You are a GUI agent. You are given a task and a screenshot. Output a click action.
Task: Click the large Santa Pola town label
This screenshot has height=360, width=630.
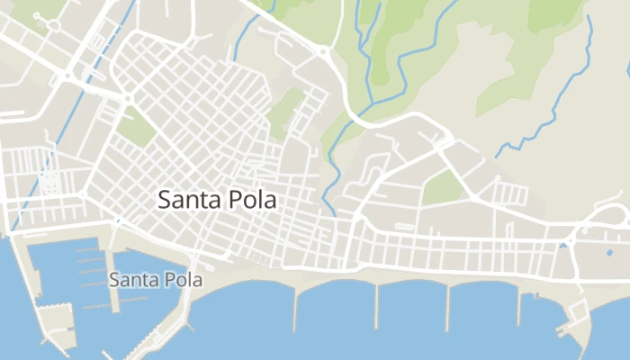[x=217, y=200]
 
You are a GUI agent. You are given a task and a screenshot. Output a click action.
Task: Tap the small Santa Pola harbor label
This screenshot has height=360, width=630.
[x=156, y=280]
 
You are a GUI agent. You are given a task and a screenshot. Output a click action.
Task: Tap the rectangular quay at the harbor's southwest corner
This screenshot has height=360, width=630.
[x=56, y=317]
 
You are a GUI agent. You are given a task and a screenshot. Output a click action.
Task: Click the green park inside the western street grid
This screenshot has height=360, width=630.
[x=137, y=128]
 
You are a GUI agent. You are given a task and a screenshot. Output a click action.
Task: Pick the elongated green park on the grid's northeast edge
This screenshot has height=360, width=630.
[x=286, y=110]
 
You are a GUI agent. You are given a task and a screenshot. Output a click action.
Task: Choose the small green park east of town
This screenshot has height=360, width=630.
[x=442, y=186]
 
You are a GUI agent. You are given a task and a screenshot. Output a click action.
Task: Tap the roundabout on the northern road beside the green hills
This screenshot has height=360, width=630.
[x=321, y=52]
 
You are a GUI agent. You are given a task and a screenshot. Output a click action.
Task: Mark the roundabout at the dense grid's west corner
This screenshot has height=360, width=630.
[x=127, y=97]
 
